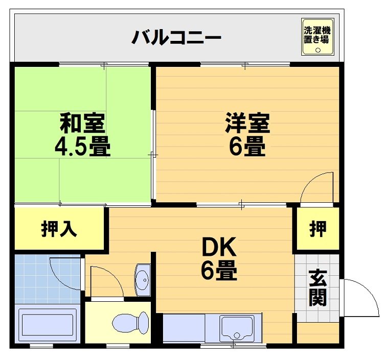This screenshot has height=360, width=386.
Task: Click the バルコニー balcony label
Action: tap(176, 38)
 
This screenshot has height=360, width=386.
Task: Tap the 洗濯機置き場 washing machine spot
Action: tap(317, 37)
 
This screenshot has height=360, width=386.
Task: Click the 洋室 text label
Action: tap(247, 123)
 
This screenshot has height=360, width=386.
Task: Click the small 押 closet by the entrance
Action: tap(317, 229)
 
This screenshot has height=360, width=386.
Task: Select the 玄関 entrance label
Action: tap(317, 289)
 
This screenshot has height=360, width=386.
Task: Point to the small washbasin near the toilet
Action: tap(142, 279)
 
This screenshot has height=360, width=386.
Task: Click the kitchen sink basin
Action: tap(237, 327)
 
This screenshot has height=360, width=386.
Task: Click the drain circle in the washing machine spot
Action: tap(317, 50)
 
